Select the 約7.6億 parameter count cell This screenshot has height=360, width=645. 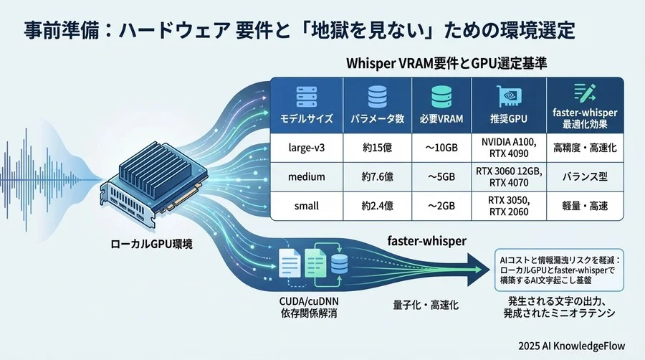[x=376, y=176]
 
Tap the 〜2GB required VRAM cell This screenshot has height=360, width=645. [x=441, y=207]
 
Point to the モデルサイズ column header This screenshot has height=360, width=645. [x=306, y=118]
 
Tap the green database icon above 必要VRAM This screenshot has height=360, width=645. [x=441, y=96]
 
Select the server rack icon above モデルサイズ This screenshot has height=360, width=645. [x=306, y=95]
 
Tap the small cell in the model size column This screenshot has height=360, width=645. [x=306, y=207]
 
